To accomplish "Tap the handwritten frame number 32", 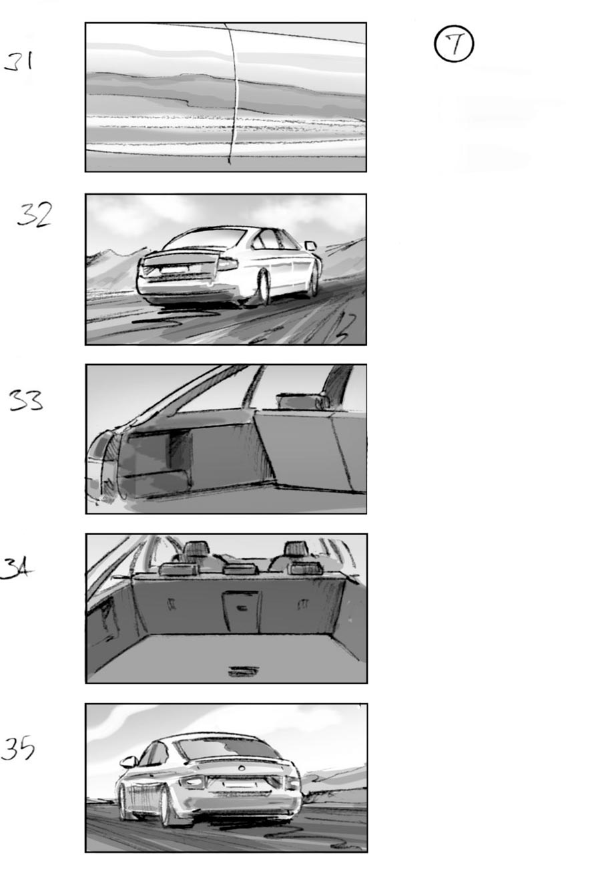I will [34, 214].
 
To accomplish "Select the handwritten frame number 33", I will [25, 400].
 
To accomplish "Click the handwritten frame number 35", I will [18, 748].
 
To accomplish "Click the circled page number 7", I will [454, 45].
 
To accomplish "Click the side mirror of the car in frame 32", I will [310, 245].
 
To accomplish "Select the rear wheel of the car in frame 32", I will [263, 287].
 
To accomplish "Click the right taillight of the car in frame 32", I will [227, 263].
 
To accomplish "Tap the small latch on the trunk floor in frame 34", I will [241, 671].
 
